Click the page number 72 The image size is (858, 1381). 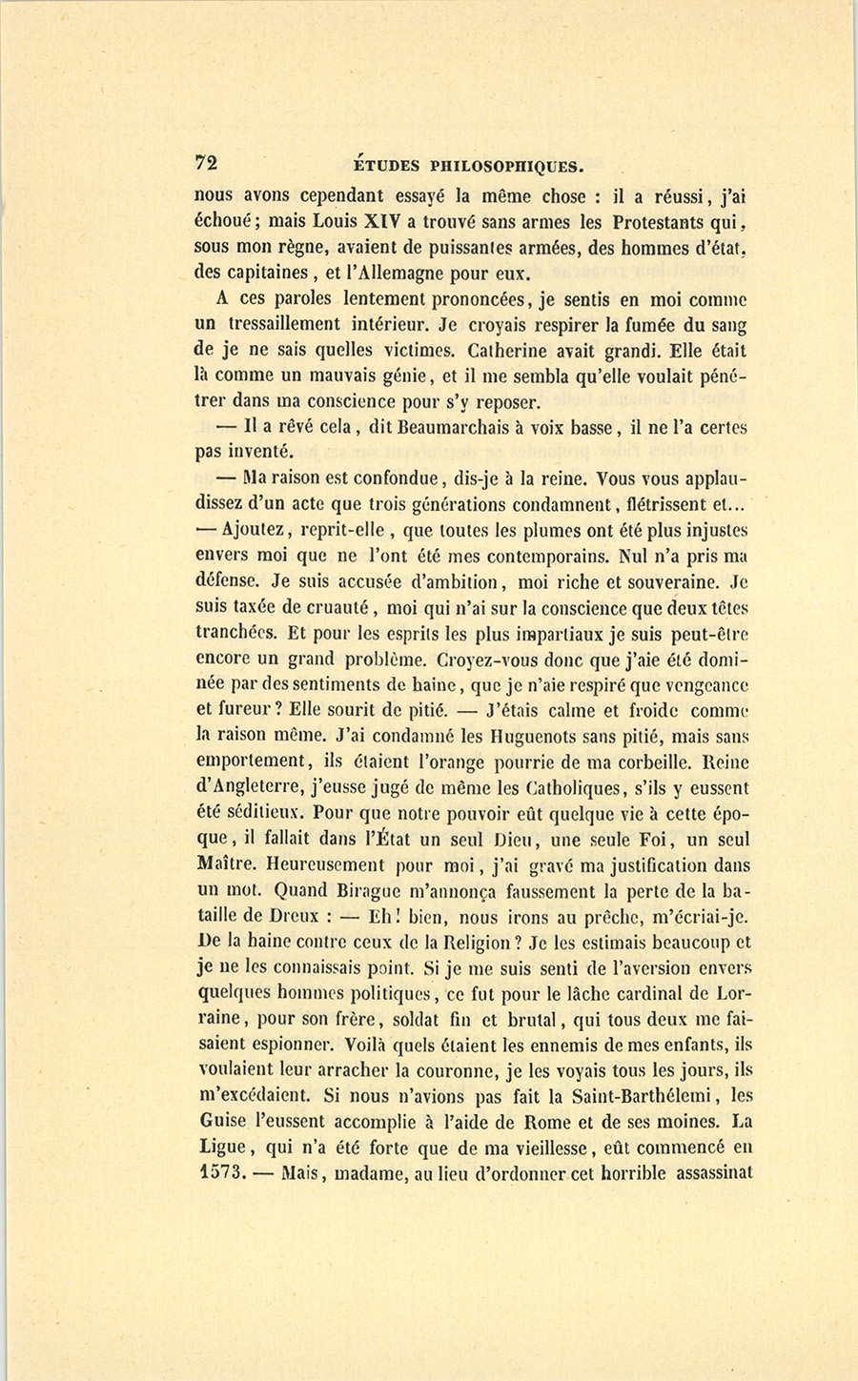pos(206,163)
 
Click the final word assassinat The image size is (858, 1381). pos(714,1173)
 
